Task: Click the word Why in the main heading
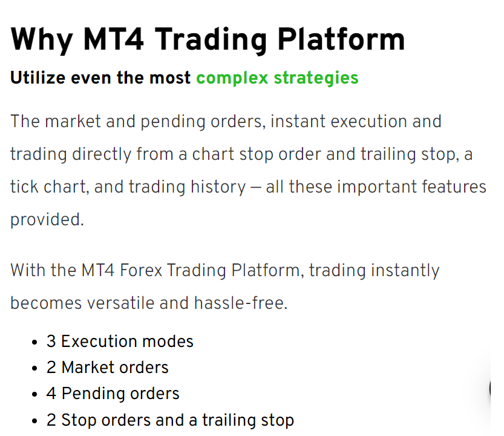click(x=42, y=40)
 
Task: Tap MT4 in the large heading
click(x=113, y=39)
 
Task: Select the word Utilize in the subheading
click(x=38, y=78)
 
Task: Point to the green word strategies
click(x=316, y=79)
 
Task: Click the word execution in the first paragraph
click(x=368, y=122)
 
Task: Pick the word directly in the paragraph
click(x=102, y=155)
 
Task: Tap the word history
click(x=218, y=187)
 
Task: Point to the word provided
click(x=47, y=220)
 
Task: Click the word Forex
click(x=141, y=270)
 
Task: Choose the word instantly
click(x=405, y=271)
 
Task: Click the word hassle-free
click(x=240, y=303)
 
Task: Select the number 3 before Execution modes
click(x=51, y=342)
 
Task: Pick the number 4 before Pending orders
click(x=51, y=394)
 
